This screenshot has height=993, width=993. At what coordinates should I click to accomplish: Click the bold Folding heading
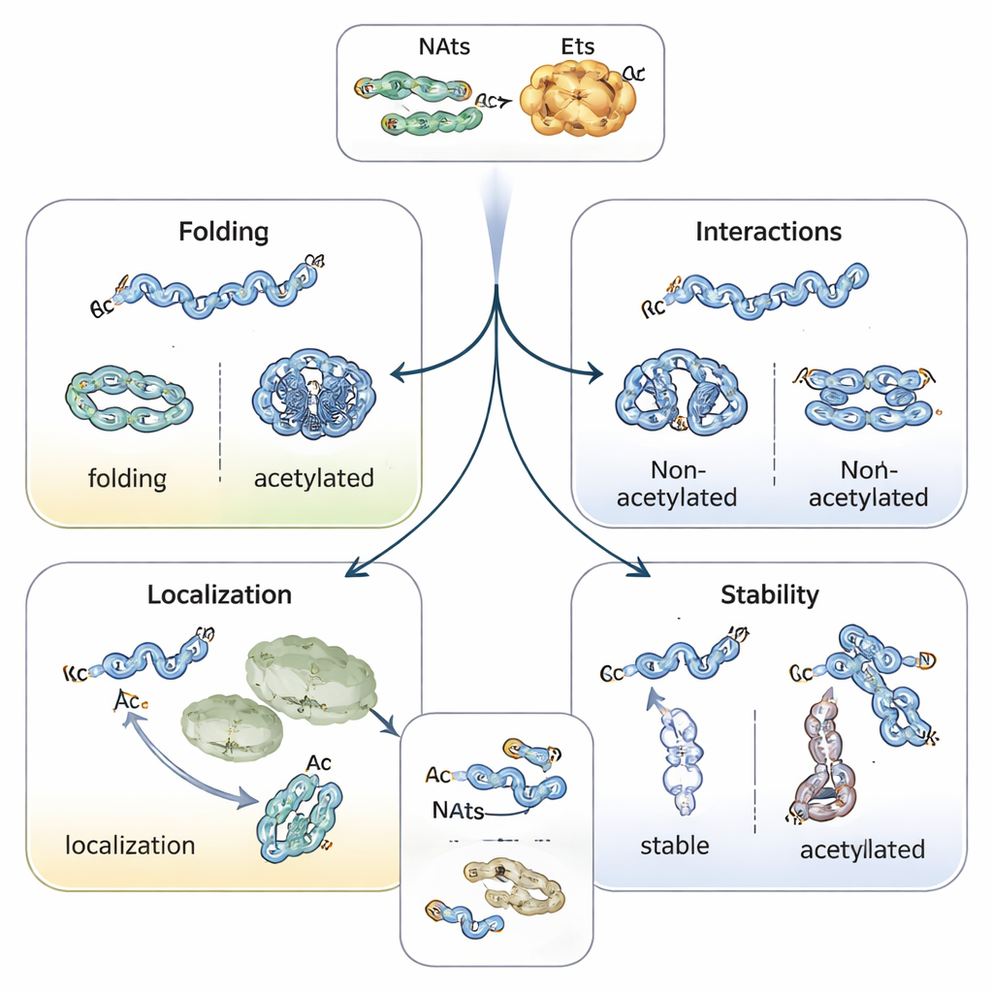pyautogui.click(x=224, y=233)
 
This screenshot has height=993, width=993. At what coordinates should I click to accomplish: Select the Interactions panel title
pyautogui.click(x=769, y=232)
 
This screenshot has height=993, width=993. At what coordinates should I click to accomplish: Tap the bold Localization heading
pyautogui.click(x=219, y=594)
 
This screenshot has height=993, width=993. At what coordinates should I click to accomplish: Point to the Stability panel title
pyautogui.click(x=770, y=594)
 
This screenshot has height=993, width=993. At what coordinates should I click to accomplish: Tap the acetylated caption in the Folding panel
pyautogui.click(x=313, y=478)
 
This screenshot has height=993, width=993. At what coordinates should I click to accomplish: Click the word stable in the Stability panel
pyautogui.click(x=675, y=845)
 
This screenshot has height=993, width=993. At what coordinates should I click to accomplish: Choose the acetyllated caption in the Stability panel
pyautogui.click(x=862, y=849)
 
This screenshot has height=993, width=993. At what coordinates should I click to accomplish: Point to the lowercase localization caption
pyautogui.click(x=130, y=845)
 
